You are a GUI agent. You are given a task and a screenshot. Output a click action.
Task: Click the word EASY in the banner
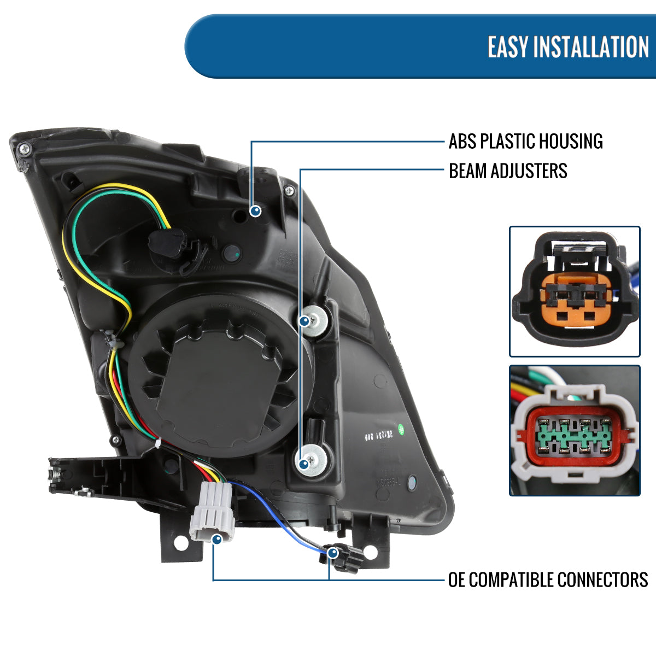(508, 47)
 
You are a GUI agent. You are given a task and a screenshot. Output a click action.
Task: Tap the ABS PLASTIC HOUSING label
(525, 141)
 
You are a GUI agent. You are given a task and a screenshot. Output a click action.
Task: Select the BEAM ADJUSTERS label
(508, 171)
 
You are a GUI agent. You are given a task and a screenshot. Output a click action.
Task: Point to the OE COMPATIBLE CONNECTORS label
(548, 579)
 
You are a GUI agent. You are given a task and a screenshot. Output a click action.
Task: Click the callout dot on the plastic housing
(255, 210)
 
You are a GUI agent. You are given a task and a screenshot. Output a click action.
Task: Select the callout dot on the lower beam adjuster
(304, 464)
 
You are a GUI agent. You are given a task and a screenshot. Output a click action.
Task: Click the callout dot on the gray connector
(216, 540)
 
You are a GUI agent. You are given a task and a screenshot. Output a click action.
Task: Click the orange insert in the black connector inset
(574, 301)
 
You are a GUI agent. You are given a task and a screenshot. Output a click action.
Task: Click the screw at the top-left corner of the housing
(24, 148)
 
